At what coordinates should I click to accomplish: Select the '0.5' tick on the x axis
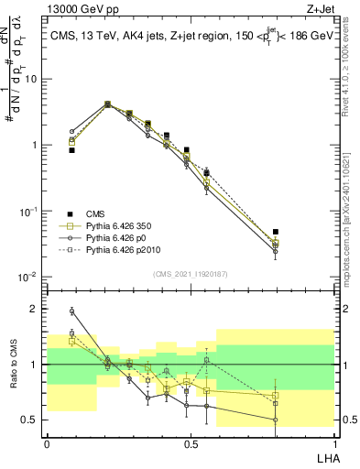coord(190,443)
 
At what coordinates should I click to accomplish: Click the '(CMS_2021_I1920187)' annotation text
coord(190,274)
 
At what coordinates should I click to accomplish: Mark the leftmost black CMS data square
coord(71,149)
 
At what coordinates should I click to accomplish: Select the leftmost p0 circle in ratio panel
coord(71,311)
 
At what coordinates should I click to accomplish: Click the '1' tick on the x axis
coord(333,443)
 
